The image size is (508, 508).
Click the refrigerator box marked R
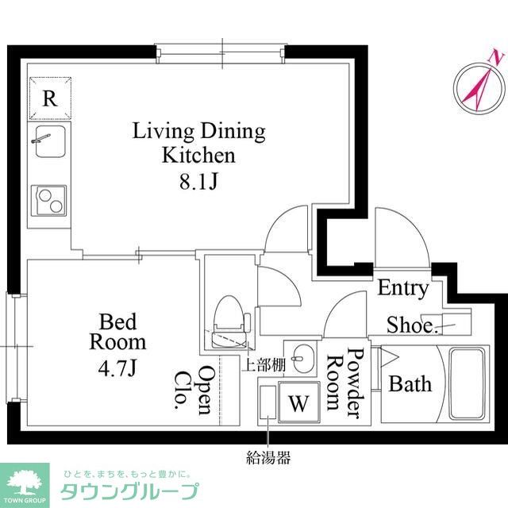pyautogui.click(x=49, y=98)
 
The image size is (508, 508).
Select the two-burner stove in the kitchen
pyautogui.click(x=49, y=200)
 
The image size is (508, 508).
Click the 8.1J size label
pyautogui.click(x=198, y=181)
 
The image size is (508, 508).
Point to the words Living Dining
pyautogui.click(x=198, y=130)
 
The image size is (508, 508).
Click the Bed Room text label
pyautogui.click(x=118, y=333)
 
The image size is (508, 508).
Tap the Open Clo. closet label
pyautogui.click(x=194, y=389)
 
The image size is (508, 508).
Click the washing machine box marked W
pyautogui.click(x=299, y=402)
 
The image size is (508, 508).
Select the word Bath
pyautogui.click(x=410, y=384)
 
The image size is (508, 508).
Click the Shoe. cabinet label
pyautogui.click(x=411, y=325)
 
